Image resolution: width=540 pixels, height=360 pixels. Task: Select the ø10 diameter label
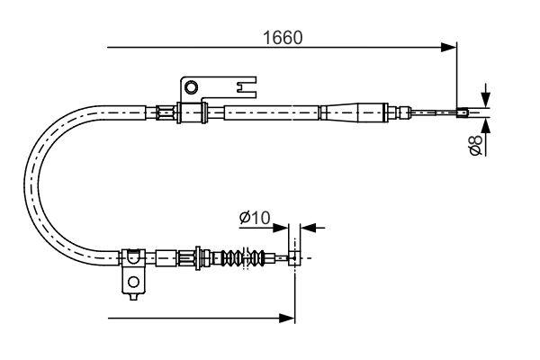(254, 217)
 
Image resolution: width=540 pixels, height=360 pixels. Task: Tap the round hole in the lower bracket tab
(133, 282)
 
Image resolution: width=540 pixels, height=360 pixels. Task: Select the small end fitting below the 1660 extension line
(463, 112)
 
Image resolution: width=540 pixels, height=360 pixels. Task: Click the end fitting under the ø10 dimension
(292, 258)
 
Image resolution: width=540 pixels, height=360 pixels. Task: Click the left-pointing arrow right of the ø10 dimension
(307, 228)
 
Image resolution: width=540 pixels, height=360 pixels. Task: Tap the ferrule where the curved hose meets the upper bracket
(164, 112)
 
